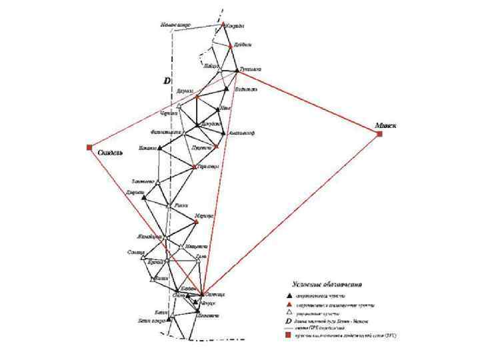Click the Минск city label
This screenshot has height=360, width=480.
[385, 124]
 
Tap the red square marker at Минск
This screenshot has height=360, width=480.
[379, 134]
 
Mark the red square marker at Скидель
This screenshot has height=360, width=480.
[89, 147]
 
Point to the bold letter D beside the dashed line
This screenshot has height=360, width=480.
[167, 80]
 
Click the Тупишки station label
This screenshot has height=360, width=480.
[250, 69]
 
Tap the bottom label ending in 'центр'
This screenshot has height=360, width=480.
[151, 320]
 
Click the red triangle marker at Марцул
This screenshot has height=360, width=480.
[197, 221]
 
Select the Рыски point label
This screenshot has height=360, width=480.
[181, 205]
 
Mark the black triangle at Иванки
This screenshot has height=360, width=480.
[159, 147]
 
